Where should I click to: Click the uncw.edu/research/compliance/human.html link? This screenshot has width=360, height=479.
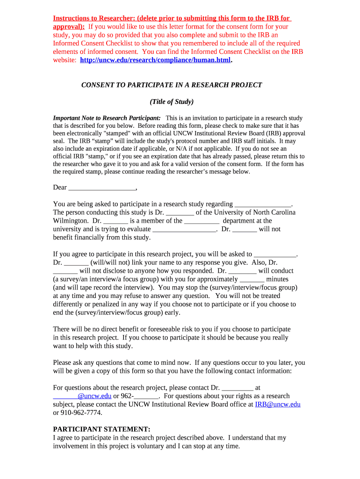(x=156, y=60)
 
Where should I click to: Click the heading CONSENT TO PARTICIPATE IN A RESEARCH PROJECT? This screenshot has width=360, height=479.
(x=172, y=85)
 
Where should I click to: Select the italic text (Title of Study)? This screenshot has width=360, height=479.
(x=172, y=102)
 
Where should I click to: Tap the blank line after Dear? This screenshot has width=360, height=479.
(x=102, y=188)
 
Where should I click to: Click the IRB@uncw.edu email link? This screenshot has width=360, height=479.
(x=277, y=404)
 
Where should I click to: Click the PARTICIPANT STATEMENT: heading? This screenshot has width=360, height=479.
(x=101, y=429)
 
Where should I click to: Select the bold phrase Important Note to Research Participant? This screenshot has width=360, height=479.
(x=107, y=118)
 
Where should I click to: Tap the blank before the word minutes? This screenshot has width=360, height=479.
(x=252, y=279)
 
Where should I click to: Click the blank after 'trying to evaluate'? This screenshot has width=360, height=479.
(x=184, y=229)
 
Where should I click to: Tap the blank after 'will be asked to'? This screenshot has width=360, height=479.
(x=275, y=254)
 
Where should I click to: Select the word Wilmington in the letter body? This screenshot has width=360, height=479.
(x=70, y=221)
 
